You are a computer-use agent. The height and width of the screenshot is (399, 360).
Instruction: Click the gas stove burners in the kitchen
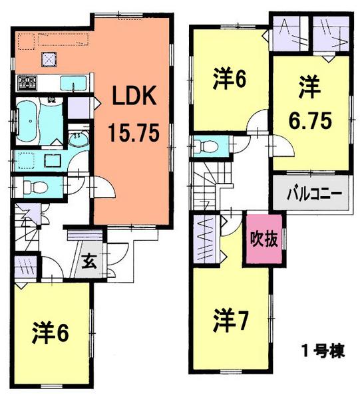pyautogui.click(x=27, y=82)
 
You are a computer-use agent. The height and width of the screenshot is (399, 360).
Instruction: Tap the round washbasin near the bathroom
pyautogui.click(x=79, y=140)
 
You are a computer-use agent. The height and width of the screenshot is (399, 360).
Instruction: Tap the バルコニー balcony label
pyautogui.click(x=314, y=195)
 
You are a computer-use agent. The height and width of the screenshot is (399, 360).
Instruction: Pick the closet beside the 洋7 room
pyautogui.click(x=205, y=239)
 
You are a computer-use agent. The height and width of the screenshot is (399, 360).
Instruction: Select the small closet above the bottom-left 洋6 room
pyautogui.click(x=25, y=269)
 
